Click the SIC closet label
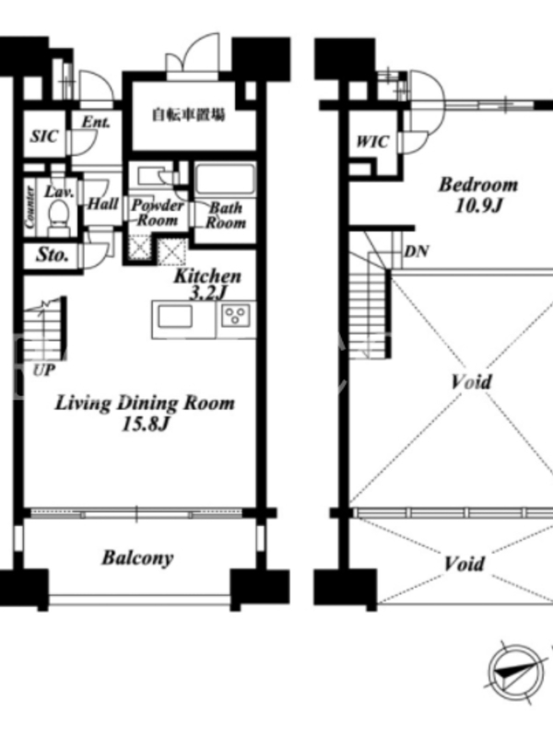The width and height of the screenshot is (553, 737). pyautogui.click(x=44, y=136)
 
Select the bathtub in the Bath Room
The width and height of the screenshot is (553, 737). pyautogui.click(x=225, y=179)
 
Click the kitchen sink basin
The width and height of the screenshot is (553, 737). pyautogui.click(x=175, y=316)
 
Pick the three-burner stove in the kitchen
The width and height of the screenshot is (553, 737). pyautogui.click(x=236, y=315)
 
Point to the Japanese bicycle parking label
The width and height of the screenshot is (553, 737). pyautogui.click(x=188, y=114)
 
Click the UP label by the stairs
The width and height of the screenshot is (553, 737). pyautogui.click(x=43, y=370)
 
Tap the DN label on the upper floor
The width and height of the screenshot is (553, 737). pyautogui.click(x=417, y=252)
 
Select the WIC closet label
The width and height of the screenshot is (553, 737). pyautogui.click(x=372, y=141)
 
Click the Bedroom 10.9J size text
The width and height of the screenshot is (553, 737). pyautogui.click(x=478, y=205)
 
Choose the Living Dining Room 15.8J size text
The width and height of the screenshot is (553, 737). pyautogui.click(x=145, y=425)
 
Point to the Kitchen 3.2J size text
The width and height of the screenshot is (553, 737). pyautogui.click(x=208, y=293)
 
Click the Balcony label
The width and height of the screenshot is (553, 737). pyautogui.click(x=137, y=558)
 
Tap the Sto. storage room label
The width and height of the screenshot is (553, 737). pyautogui.click(x=53, y=255)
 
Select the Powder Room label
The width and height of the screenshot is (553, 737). pyautogui.click(x=157, y=213)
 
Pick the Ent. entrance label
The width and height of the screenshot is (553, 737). pyautogui.click(x=96, y=123)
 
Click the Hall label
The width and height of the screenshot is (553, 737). pyautogui.click(x=103, y=204)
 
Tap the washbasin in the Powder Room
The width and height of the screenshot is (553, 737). pyautogui.click(x=150, y=176)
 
